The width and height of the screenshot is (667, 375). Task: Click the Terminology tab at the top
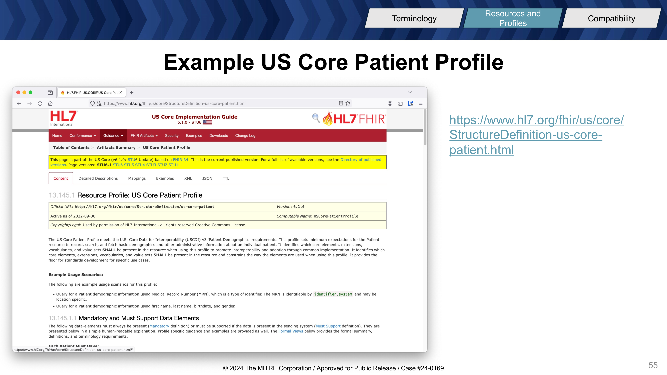pos(414,18)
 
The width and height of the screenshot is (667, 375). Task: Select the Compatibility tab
pos(611,18)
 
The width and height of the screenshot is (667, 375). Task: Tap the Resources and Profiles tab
pos(513,18)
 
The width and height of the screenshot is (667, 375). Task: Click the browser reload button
pos(40,103)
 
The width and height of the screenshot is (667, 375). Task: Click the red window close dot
pos(18,92)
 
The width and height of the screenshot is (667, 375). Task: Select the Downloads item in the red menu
pos(219,136)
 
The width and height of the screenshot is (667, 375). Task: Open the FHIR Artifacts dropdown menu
pos(144,136)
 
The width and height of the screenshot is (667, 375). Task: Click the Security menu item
pos(172,136)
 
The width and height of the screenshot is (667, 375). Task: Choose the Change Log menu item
pos(245,136)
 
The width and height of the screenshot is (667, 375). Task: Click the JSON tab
pos(207,178)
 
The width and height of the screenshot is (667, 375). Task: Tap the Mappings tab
pos(137,178)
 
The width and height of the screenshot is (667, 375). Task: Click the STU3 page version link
pos(151,165)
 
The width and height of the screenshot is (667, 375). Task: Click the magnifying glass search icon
pos(316,118)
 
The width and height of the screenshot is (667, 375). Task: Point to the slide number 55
pos(653,365)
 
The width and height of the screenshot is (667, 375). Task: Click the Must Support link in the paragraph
pos(328,326)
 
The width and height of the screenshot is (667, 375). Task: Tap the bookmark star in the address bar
pos(348,103)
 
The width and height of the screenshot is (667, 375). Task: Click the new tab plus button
pos(132,92)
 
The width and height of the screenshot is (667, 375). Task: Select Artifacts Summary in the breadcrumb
pos(116,147)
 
